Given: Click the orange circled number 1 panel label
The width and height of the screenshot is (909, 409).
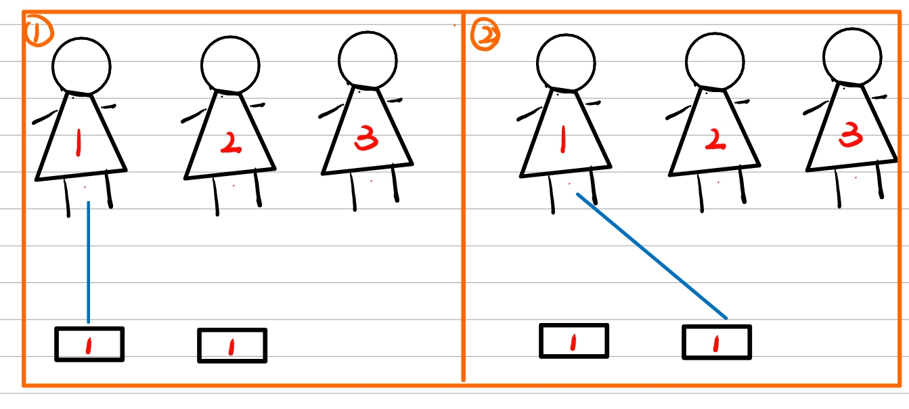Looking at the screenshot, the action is (39, 30).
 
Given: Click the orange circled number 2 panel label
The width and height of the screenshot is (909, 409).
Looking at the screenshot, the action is (485, 34).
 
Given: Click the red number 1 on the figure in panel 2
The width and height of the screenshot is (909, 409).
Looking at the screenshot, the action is (563, 139).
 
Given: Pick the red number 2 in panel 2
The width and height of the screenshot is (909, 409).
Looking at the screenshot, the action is (715, 140).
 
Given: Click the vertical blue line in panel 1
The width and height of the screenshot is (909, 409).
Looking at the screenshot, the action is (89, 262).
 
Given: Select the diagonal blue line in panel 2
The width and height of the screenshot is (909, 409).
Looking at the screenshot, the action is (652, 256).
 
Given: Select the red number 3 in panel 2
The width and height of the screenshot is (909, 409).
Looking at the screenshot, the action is (851, 134).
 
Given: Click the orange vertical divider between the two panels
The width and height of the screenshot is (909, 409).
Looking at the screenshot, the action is (463, 197).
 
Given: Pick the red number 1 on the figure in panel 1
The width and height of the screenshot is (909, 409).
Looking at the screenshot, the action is (79, 143).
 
